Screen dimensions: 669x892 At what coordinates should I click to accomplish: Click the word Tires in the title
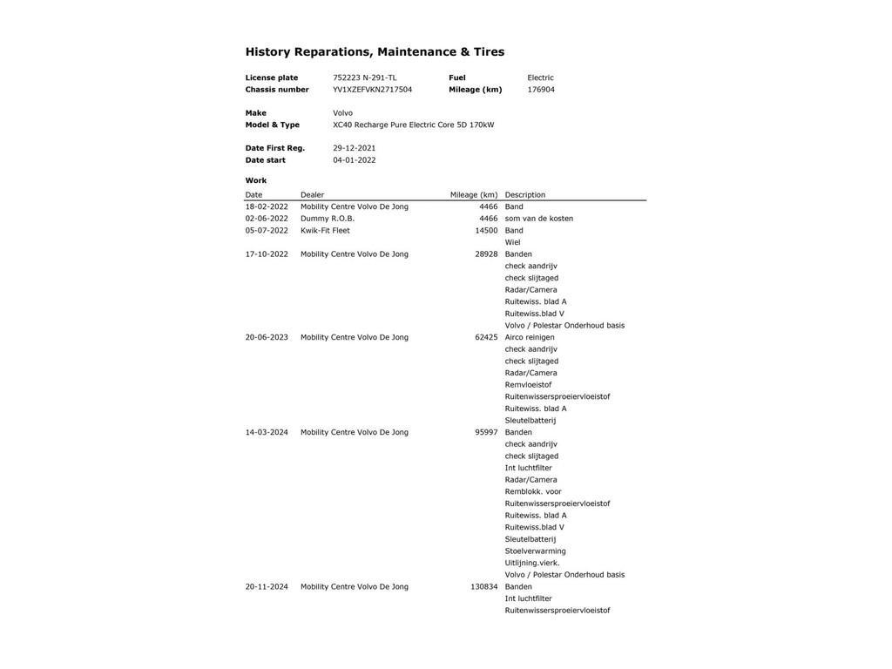pyautogui.click(x=489, y=52)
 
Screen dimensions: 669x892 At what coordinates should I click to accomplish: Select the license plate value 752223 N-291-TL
pyautogui.click(x=364, y=78)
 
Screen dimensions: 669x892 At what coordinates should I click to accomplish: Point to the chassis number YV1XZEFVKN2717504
pyautogui.click(x=372, y=90)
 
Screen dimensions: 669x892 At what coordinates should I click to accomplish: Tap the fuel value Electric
pyautogui.click(x=540, y=78)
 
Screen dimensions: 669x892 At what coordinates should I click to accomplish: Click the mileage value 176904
pyautogui.click(x=541, y=90)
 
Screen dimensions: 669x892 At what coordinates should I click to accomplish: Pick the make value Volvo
pyautogui.click(x=342, y=113)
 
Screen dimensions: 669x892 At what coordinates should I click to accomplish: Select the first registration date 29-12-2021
pyautogui.click(x=354, y=148)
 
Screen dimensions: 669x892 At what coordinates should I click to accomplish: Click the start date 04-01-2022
pyautogui.click(x=354, y=160)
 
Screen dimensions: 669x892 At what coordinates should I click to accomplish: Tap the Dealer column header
pyautogui.click(x=312, y=195)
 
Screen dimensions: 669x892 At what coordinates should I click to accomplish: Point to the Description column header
pyautogui.click(x=524, y=195)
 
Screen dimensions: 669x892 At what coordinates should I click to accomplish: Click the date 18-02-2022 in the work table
pyautogui.click(x=267, y=207)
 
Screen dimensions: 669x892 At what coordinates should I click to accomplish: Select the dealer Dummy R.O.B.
pyautogui.click(x=328, y=219)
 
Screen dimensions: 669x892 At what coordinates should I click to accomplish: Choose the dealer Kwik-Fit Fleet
pyautogui.click(x=325, y=231)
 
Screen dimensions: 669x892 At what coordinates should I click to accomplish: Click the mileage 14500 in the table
pyautogui.click(x=486, y=231)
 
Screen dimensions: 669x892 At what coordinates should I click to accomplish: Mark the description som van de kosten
pyautogui.click(x=538, y=219)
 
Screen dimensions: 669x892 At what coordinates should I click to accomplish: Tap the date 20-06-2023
pyautogui.click(x=267, y=338)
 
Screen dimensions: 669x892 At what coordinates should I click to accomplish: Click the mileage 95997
pyautogui.click(x=486, y=433)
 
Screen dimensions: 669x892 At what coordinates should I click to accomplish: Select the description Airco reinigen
pyautogui.click(x=530, y=338)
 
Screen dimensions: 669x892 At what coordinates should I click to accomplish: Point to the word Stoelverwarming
pyautogui.click(x=535, y=551)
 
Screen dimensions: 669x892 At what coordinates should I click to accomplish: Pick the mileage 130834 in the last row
pyautogui.click(x=483, y=587)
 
